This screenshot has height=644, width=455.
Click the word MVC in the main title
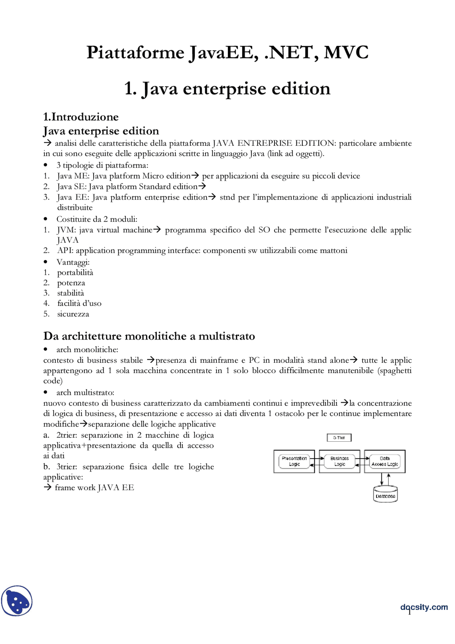tap(346, 52)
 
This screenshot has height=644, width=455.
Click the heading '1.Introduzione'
tap(81, 117)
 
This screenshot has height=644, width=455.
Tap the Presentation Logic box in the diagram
tap(294, 461)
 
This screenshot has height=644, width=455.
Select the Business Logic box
tap(339, 461)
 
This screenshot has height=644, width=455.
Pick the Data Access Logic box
tap(385, 461)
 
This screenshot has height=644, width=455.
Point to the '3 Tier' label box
tap(339, 437)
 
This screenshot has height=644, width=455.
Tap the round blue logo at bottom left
tap(17, 601)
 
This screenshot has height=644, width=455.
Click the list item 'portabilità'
tap(75, 272)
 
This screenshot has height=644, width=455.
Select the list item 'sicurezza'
tap(73, 314)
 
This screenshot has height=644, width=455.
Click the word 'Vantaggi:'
tap(73, 262)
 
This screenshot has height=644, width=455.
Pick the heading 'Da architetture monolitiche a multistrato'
tap(149, 336)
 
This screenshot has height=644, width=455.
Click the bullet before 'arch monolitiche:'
tap(45, 349)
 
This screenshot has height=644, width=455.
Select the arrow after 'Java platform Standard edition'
tap(202, 186)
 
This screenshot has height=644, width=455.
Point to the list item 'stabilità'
tap(70, 293)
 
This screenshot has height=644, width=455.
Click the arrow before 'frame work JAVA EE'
tap(48, 487)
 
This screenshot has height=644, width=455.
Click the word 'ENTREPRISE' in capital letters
tap(264, 143)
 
